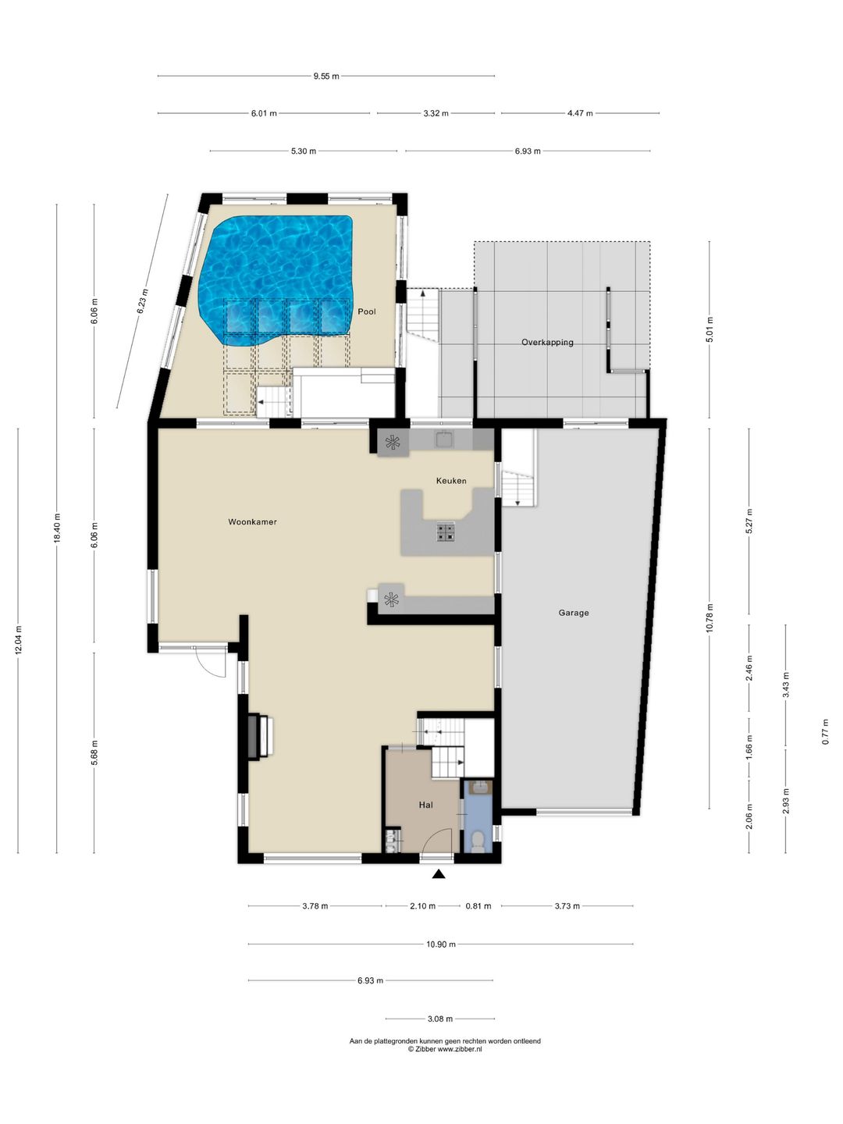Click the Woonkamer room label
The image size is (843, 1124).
[x=252, y=522]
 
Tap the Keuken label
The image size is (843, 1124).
[x=451, y=480]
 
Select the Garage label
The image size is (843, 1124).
[x=573, y=613]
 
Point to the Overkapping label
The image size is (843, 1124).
[x=547, y=342]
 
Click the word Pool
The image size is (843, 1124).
[x=367, y=311]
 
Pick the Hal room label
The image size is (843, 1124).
[x=426, y=805]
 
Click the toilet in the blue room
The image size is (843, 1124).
[x=478, y=841]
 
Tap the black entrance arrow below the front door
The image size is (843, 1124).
[x=438, y=874]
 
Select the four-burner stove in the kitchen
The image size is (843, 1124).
[x=445, y=531]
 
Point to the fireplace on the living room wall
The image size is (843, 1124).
[x=261, y=736]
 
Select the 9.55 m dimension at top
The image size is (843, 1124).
[x=326, y=76]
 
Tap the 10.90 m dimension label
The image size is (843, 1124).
[x=441, y=944]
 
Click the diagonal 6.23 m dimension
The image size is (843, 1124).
[x=142, y=301]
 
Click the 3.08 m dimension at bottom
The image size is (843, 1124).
[x=440, y=1019]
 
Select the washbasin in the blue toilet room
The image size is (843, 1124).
[x=479, y=788]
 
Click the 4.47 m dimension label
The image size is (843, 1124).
[x=580, y=113]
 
